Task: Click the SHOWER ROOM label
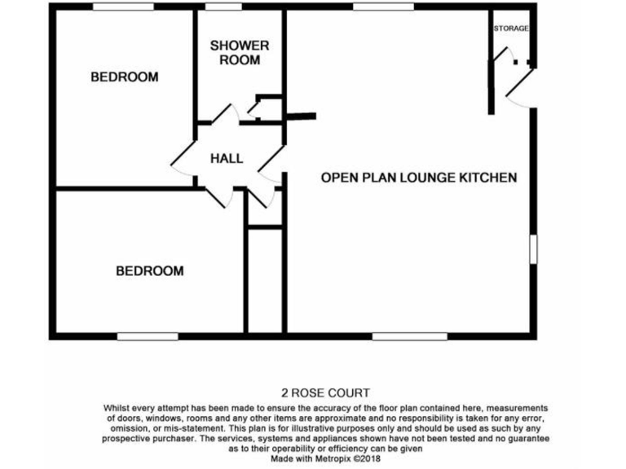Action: click(240, 53)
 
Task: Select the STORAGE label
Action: click(511, 28)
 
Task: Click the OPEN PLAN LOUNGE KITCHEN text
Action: click(419, 178)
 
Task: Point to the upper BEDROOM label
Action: click(124, 77)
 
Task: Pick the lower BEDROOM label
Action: click(149, 271)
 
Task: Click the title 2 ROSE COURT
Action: click(325, 393)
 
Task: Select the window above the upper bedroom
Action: click(123, 7)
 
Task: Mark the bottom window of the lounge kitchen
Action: click(409, 335)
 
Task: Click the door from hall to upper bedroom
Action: click(183, 159)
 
